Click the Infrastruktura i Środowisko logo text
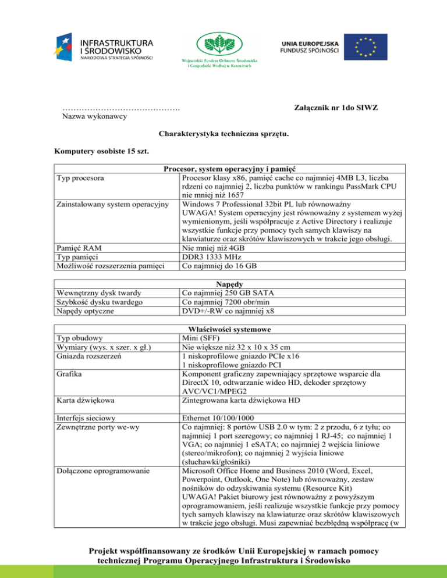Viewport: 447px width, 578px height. tap(116, 46)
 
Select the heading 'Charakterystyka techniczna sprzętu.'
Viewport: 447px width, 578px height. tap(223, 134)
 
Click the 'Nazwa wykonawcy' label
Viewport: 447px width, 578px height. tap(95, 117)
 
